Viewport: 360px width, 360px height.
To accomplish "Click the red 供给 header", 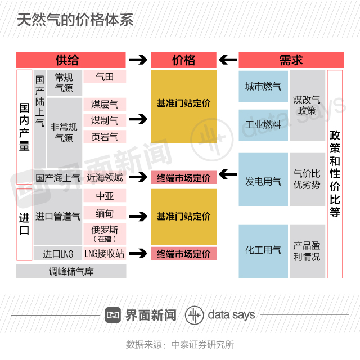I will (x=71, y=60).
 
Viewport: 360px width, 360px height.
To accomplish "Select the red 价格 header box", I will (x=183, y=60).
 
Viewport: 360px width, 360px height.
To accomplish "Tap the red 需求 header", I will (x=291, y=60).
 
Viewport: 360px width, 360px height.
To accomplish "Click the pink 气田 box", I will (x=105, y=77).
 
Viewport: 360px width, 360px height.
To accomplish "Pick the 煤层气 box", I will (x=105, y=104).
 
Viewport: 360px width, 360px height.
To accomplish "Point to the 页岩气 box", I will (x=105, y=137).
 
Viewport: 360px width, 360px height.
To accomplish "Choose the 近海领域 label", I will (x=105, y=177).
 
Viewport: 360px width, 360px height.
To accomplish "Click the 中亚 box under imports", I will (x=105, y=196).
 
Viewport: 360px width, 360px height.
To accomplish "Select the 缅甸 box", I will (x=105, y=214).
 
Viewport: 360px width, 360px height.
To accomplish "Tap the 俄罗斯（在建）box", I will (x=105, y=234).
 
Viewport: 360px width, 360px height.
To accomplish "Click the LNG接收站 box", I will (x=105, y=254).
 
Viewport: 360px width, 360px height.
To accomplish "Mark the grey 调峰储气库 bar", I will (x=71, y=271).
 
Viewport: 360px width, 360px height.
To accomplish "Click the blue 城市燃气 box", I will (x=263, y=87).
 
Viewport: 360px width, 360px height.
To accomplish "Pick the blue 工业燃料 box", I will (x=263, y=125).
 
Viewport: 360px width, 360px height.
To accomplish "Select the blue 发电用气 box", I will (x=263, y=181).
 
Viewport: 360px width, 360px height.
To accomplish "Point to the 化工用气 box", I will (x=263, y=250).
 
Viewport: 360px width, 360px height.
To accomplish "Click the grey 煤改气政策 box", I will (x=307, y=105).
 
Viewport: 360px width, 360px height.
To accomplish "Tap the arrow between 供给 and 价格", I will (x=138, y=60).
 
